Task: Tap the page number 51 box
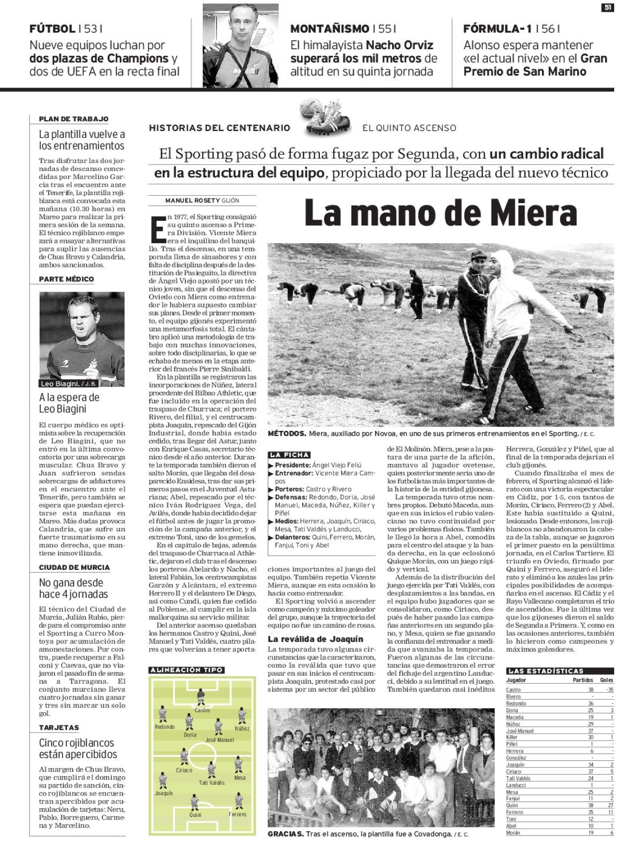pyautogui.click(x=608, y=7)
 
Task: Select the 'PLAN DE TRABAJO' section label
pyautogui.click(x=74, y=119)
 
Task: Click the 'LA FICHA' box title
pyautogui.click(x=290, y=455)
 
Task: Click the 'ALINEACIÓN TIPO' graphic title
pyautogui.click(x=187, y=670)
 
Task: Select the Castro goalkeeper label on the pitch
pyautogui.click(x=202, y=710)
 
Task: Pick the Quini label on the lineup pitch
pyautogui.click(x=195, y=815)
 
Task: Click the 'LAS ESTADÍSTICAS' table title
pyautogui.click(x=545, y=670)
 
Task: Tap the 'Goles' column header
pyautogui.click(x=607, y=681)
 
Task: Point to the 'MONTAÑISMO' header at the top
pyautogui.click(x=329, y=29)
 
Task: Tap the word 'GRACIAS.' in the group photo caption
pyautogui.click(x=286, y=834)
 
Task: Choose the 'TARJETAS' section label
pyautogui.click(x=59, y=728)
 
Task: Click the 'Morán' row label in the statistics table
pyautogui.click(x=514, y=832)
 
